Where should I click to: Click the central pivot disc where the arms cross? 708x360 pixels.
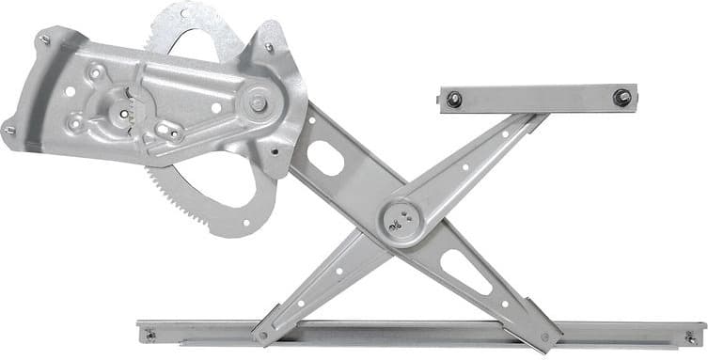401,220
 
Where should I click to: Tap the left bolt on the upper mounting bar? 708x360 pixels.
454,99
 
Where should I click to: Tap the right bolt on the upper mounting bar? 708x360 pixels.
621,96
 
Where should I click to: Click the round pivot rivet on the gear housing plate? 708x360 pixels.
256,102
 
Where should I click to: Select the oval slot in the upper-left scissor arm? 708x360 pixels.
325,159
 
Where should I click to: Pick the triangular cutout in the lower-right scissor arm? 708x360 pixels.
465,273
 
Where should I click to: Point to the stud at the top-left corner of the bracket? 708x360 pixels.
44,39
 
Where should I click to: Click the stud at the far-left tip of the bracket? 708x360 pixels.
9,130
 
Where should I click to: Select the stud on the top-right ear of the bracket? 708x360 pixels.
269,46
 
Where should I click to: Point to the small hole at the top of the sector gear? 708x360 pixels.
198,16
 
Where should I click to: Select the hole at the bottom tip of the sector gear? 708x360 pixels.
246,224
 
